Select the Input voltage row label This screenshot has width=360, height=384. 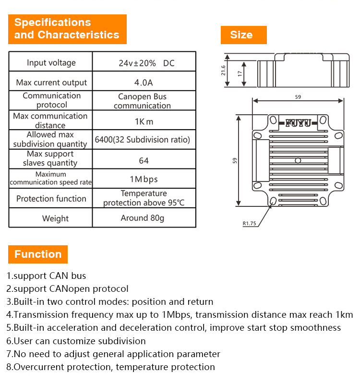(x=51, y=63)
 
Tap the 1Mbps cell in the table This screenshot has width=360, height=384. (x=144, y=179)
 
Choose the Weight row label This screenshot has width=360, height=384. (x=55, y=218)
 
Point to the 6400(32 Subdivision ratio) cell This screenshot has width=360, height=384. (x=142, y=140)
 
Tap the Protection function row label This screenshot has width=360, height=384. (x=51, y=199)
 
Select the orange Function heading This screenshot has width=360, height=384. (x=38, y=254)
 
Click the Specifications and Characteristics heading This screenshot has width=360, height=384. (x=67, y=29)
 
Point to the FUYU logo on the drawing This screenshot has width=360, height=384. (x=298, y=123)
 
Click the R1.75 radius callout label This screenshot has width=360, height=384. (x=249, y=223)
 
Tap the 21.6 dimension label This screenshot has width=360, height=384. (x=223, y=70)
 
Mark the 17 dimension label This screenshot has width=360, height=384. (x=240, y=73)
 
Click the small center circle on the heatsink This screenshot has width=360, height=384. (x=298, y=161)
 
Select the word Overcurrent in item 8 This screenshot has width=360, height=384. (x=39, y=367)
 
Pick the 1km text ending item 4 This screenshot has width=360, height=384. (x=344, y=315)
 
